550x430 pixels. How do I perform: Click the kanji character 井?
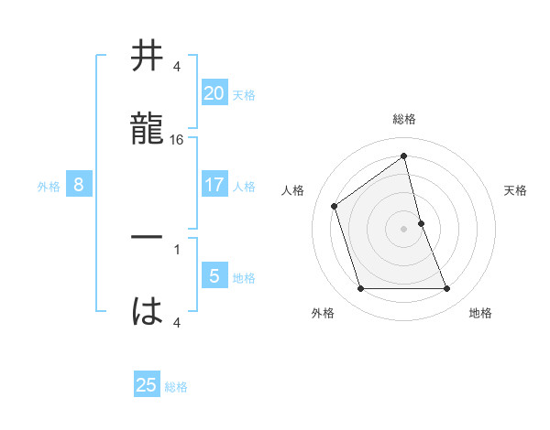(147, 56)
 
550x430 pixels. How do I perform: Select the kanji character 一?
(147, 237)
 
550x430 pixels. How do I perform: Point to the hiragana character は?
(147, 309)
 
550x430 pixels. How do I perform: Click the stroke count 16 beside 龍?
(177, 140)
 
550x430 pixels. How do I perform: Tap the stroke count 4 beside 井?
(176, 68)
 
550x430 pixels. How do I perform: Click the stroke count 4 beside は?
(176, 321)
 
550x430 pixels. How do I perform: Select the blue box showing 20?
(214, 92)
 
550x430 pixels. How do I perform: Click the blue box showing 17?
(214, 185)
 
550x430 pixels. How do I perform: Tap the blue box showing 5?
(214, 276)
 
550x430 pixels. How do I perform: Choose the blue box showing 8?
(79, 185)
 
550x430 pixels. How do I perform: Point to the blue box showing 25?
(147, 385)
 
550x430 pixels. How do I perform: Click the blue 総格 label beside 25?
(176, 387)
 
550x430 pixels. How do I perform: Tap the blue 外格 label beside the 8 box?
(49, 187)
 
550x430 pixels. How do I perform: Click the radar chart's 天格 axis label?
(516, 190)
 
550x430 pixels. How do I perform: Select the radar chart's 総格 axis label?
(404, 119)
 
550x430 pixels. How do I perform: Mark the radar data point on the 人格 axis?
(335, 206)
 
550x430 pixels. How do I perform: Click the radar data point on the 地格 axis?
(447, 289)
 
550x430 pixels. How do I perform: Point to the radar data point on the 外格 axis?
(360, 289)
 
